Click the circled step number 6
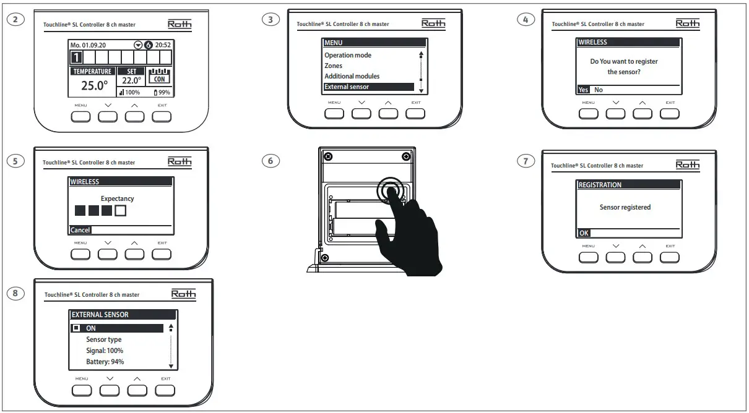coord(270,161)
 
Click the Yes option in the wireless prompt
coord(583,90)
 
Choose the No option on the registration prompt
coord(599,90)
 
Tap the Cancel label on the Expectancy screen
coord(80,230)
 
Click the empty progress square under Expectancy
coord(120,211)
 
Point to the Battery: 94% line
coord(105,362)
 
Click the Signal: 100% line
coord(104,351)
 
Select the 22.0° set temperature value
coord(131,80)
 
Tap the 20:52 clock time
coord(162,45)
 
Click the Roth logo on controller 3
coord(433,23)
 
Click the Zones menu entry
coord(333,66)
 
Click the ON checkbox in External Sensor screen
coord(76,328)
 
